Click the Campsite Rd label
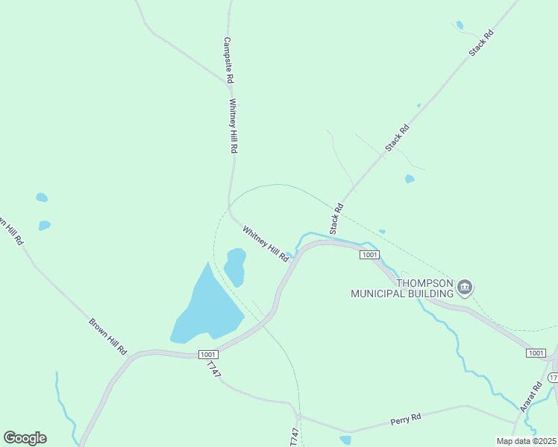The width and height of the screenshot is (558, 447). [x=229, y=60]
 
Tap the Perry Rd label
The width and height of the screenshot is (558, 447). [x=406, y=421]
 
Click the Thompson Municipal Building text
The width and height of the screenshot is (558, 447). [x=404, y=288]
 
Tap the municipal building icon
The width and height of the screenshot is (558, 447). [x=465, y=288]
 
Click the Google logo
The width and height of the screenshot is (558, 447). [x=25, y=438]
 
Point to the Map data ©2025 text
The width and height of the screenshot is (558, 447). [x=526, y=441]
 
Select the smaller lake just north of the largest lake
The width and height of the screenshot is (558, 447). [x=235, y=266]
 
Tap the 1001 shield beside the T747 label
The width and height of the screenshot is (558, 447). [x=209, y=355]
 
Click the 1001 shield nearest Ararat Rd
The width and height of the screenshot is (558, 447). [x=535, y=352]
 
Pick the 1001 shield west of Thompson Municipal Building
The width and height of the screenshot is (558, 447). [x=370, y=255]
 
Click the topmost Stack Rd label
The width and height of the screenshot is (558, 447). [x=481, y=44]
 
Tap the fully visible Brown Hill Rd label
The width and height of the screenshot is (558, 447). [x=108, y=336]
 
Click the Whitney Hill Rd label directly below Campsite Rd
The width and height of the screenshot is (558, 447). [x=233, y=126]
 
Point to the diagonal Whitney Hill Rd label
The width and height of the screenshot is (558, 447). [x=265, y=243]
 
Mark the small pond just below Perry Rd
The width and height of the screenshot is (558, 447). [x=345, y=440]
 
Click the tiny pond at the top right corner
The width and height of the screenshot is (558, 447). [x=460, y=25]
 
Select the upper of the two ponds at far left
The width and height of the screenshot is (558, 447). [x=42, y=197]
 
